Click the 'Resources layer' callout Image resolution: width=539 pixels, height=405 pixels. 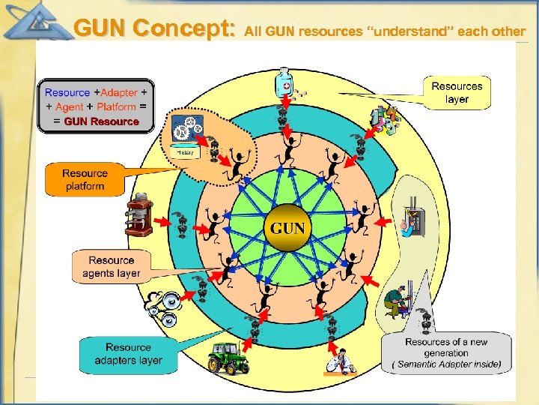click(x=457, y=92)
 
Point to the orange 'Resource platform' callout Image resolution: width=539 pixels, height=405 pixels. click(x=84, y=179)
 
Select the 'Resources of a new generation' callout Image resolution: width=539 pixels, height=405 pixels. click(x=446, y=352)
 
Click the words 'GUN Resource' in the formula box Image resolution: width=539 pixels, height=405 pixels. click(x=101, y=121)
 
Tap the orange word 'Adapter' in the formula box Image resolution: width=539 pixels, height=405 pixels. click(x=119, y=92)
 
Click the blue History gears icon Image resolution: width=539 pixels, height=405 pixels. click(x=186, y=135)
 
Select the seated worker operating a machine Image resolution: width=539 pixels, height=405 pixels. click(x=396, y=300)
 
